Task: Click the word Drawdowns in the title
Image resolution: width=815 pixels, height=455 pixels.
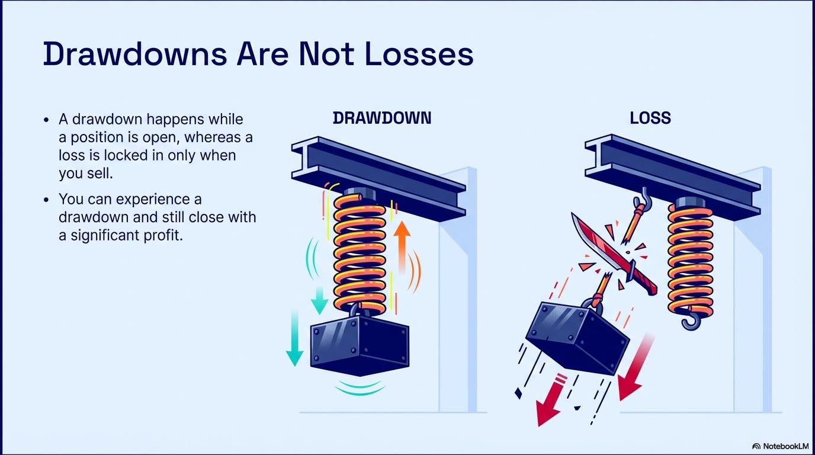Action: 135,54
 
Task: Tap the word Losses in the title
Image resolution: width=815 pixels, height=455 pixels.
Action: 419,54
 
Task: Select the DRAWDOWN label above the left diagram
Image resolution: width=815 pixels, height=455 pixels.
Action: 382,118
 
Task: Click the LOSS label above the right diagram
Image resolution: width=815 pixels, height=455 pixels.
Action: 650,118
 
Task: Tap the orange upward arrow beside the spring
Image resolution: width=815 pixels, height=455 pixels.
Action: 402,247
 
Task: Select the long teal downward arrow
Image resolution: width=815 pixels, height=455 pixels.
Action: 294,338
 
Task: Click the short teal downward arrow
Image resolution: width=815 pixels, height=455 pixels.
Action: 319,300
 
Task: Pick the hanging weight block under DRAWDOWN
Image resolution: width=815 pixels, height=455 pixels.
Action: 360,346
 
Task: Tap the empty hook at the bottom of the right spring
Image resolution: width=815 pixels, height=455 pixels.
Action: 691,321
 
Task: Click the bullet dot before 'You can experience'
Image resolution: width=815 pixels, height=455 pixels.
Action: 46,200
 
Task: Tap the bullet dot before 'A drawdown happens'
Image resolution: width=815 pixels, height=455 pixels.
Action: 46,120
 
